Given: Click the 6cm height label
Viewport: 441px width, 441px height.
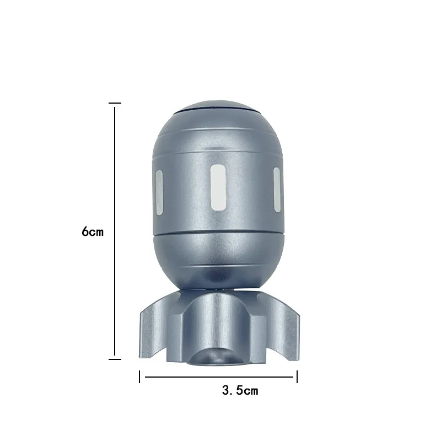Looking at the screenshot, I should (93, 232).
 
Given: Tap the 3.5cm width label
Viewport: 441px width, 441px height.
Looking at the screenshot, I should (240, 391).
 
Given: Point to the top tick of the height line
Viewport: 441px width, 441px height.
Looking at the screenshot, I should (115, 103).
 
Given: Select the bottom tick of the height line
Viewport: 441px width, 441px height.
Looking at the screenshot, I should (115, 359).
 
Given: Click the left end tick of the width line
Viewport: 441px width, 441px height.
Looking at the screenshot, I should (140, 377).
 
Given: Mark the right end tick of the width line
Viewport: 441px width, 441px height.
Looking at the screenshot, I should (297, 377).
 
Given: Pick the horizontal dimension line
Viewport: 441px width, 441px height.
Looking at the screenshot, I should (218, 378).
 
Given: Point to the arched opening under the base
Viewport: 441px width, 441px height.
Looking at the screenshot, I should (217, 357).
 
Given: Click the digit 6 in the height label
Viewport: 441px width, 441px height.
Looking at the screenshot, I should (85, 232).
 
